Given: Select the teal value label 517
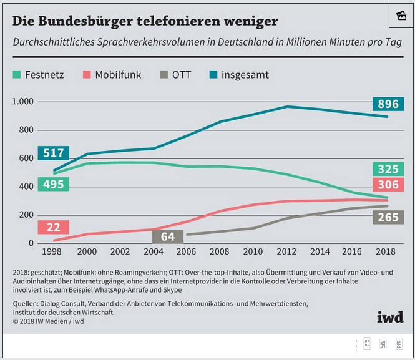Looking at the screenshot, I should [53, 153].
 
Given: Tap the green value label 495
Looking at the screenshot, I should [53, 185].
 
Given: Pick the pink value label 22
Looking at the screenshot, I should [53, 227].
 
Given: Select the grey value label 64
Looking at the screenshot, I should [168, 236].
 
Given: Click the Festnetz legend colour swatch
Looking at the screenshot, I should [17, 75].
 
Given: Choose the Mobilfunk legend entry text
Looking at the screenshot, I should [118, 75].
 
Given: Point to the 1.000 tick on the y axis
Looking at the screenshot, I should [23, 102].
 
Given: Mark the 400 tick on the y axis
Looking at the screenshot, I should [26, 187].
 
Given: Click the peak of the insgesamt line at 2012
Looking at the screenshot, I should [287, 107].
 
